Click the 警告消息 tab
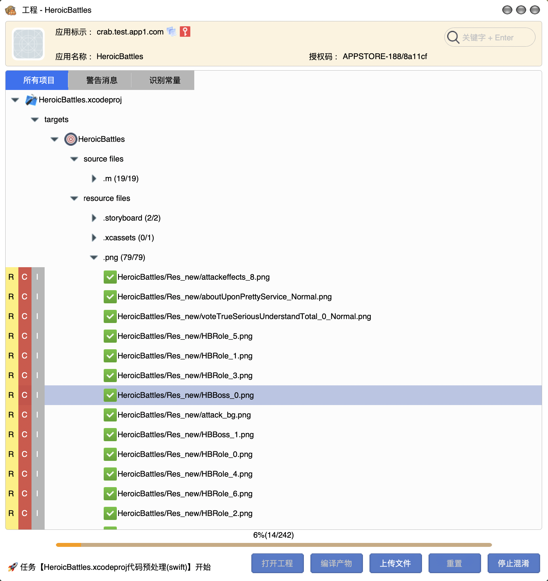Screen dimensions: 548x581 (x=102, y=80)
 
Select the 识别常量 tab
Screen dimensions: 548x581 (x=165, y=80)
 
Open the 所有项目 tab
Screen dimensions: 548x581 (x=38, y=80)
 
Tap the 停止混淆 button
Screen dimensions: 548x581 (x=514, y=563)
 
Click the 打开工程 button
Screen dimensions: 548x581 (x=277, y=563)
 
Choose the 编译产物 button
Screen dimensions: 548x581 (x=336, y=563)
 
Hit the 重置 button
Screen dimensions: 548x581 (x=454, y=563)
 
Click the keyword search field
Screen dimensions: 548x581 (x=490, y=37)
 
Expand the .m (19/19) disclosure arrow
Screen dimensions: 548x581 (x=94, y=179)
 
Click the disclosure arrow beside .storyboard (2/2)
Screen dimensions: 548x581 (x=94, y=218)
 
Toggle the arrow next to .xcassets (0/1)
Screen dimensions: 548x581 (x=94, y=238)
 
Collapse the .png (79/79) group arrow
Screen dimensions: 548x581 (x=94, y=257)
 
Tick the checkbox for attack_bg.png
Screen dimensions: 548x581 (x=110, y=415)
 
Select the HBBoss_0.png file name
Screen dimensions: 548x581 (x=186, y=395)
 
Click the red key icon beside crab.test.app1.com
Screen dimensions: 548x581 (x=185, y=32)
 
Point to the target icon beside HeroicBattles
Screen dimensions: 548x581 (x=71, y=139)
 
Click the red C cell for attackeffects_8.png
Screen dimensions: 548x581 (x=25, y=277)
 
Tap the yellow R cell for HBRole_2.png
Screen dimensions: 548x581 (x=11, y=513)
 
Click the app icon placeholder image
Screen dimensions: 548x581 (x=28, y=44)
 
